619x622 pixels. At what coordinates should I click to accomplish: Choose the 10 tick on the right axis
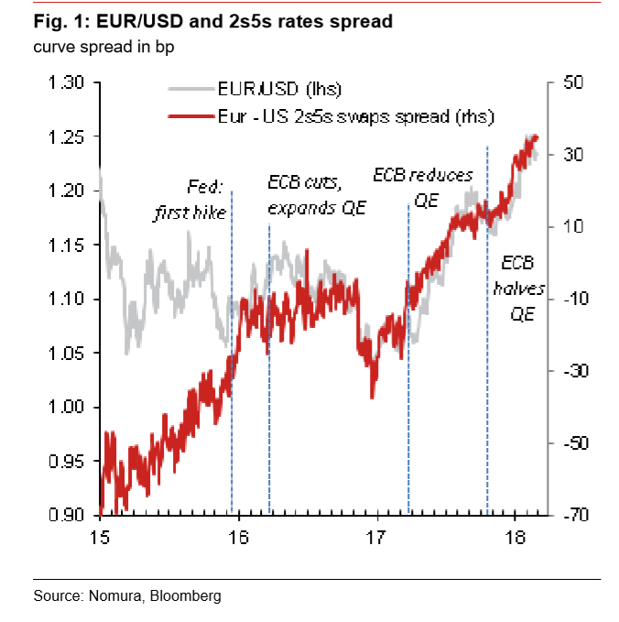tap(571, 227)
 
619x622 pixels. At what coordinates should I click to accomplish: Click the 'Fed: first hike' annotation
tap(190, 199)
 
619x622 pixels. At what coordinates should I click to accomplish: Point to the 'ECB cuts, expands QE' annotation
tap(316, 194)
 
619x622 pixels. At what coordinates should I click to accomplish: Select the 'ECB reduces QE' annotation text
tap(424, 187)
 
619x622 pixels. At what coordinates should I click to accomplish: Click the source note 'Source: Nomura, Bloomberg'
tap(127, 596)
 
